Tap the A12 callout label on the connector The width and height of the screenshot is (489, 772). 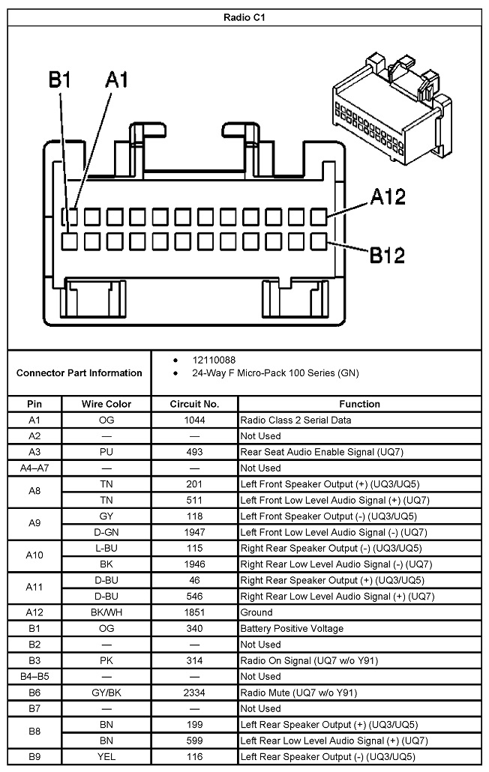pos(388,197)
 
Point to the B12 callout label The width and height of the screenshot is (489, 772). pos(388,255)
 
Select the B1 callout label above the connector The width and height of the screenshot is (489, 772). pos(59,80)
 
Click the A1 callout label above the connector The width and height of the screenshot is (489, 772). pos(117,80)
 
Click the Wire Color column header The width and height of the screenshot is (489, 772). pos(106,404)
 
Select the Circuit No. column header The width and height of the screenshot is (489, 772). pos(194,404)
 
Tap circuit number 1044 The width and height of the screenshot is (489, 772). pos(194,420)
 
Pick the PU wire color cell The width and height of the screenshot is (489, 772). pos(106,452)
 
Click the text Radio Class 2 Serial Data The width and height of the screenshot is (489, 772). pos(295,420)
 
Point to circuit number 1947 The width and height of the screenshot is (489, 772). pos(194,532)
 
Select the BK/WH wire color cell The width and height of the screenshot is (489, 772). pos(106,612)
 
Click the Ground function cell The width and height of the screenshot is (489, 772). pos(256,612)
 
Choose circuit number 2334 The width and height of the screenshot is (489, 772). pos(194,693)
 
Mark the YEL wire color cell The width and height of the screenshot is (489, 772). pos(106,757)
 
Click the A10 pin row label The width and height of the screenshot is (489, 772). pos(34,555)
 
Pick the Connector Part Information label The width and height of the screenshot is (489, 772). pos(79,373)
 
